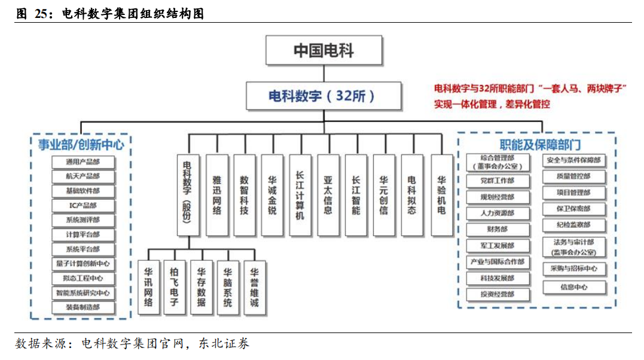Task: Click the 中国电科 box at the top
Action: [x=323, y=50]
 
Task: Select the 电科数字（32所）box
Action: [x=323, y=96]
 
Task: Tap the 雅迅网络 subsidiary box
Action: [x=217, y=195]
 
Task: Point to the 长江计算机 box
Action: [x=300, y=195]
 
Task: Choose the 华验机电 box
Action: [x=441, y=195]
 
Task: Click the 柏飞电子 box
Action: [x=174, y=287]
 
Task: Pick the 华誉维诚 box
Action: [x=255, y=287]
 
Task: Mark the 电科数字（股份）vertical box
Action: [x=189, y=195]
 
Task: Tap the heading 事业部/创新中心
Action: [x=81, y=145]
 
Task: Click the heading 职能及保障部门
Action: [x=540, y=145]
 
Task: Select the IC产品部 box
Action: [x=83, y=205]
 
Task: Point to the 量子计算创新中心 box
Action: [x=83, y=264]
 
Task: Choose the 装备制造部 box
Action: [x=83, y=307]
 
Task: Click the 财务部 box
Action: [x=498, y=229]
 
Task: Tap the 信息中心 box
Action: [x=574, y=287]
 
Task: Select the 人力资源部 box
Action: [x=498, y=213]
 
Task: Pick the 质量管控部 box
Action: [x=574, y=176]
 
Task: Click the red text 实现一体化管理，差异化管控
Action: [x=492, y=104]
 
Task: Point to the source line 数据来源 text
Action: [x=132, y=344]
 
